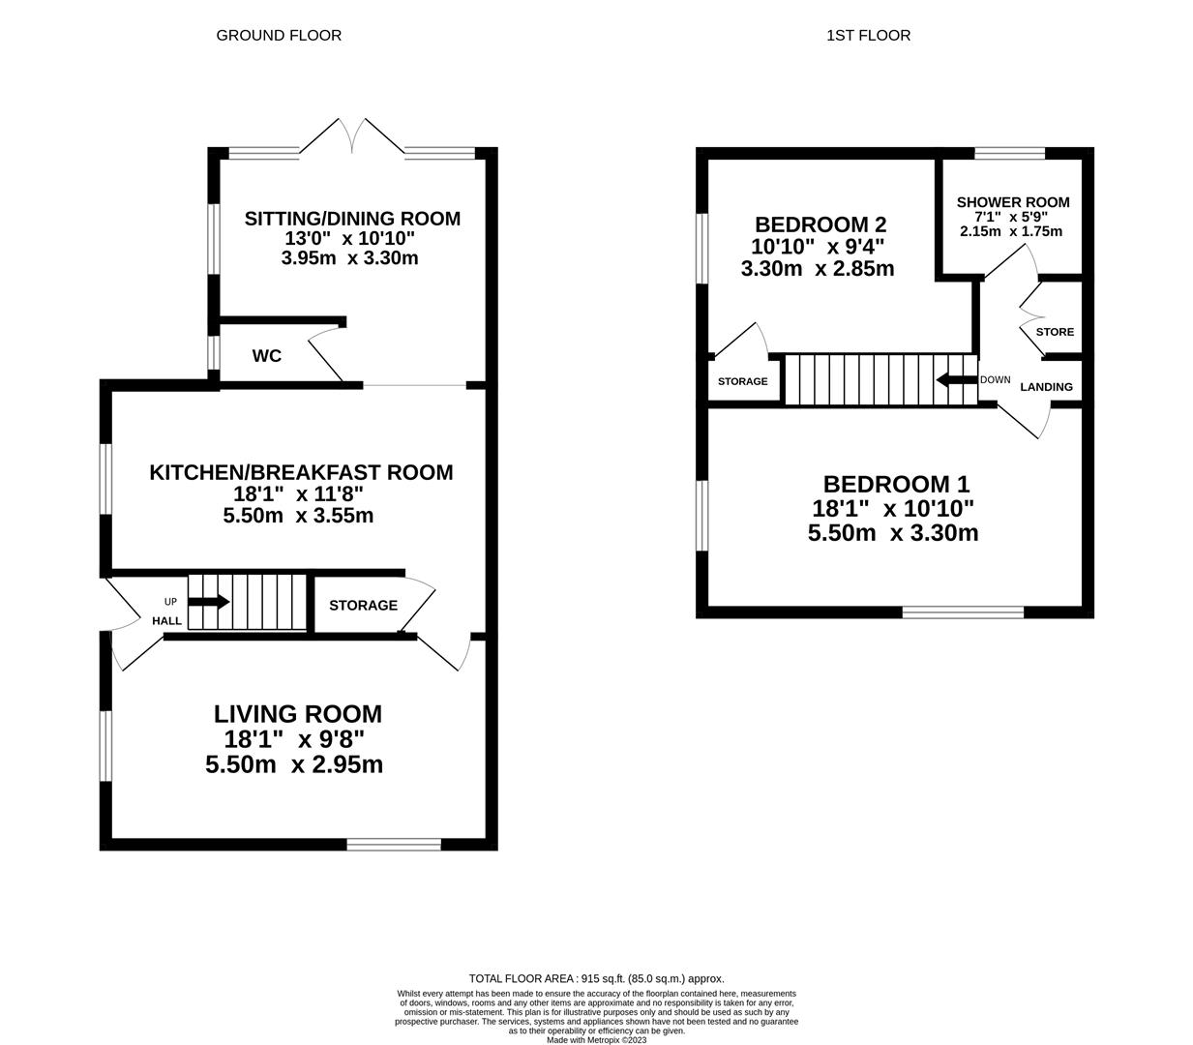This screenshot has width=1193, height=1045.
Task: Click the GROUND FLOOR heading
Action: tap(279, 36)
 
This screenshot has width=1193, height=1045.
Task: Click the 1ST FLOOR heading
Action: tap(868, 36)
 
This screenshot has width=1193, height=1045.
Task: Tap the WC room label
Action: tap(267, 356)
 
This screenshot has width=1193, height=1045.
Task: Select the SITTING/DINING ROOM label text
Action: tap(352, 219)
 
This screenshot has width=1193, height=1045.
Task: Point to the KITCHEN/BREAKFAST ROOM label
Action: tap(301, 472)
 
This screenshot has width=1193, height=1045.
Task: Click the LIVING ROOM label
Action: tap(298, 714)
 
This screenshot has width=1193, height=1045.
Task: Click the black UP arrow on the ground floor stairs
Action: tap(208, 602)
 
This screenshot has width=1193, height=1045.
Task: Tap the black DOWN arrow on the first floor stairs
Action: tap(956, 379)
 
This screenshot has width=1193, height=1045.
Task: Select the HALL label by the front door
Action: tap(166, 620)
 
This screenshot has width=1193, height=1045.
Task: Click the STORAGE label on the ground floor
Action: tap(363, 606)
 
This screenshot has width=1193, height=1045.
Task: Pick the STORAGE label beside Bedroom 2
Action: tap(742, 381)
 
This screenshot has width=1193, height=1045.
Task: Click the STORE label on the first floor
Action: tap(1055, 332)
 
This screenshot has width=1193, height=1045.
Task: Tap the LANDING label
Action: tap(1046, 387)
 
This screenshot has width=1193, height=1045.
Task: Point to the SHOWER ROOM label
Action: tap(1013, 202)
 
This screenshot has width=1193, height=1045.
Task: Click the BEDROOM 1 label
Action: tap(896, 484)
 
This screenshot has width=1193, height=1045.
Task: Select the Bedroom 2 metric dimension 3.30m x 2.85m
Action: tap(818, 269)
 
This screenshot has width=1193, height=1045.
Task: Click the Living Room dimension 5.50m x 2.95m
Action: tap(294, 764)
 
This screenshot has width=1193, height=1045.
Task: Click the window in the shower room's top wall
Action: tap(1009, 153)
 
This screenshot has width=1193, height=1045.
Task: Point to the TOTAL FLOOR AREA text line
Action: tap(596, 979)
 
